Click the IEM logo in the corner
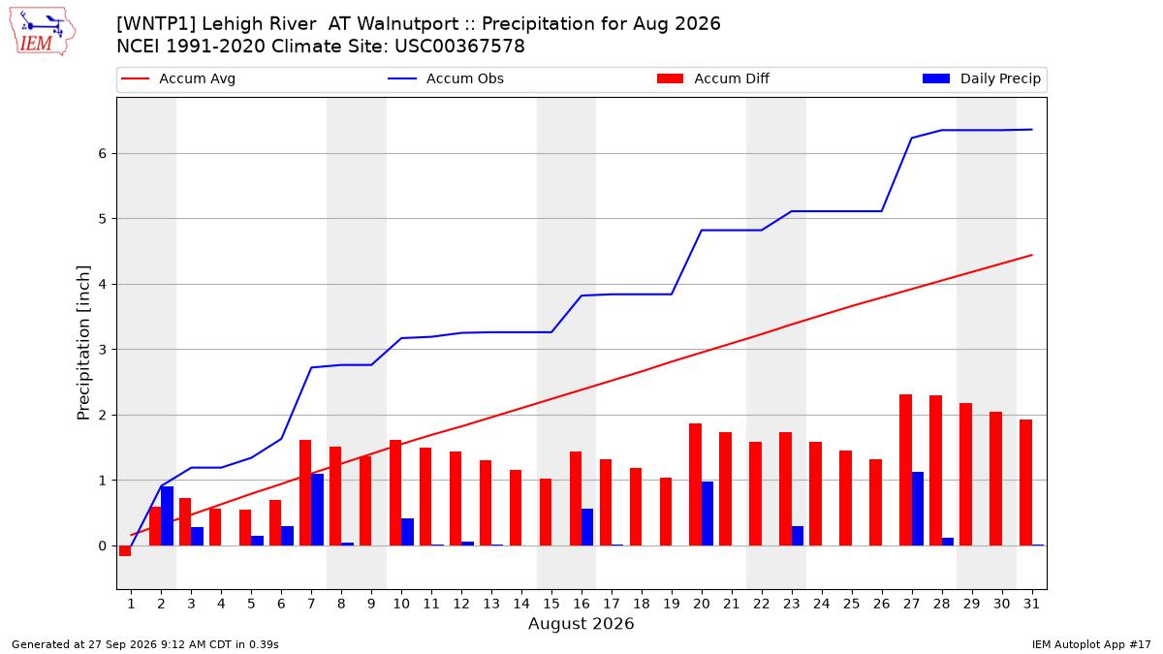pos(42,32)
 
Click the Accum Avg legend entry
pos(178,78)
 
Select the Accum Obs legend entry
pos(446,78)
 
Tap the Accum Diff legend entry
pos(713,78)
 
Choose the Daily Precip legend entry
pos(981,78)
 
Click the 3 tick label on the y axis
pos(102,350)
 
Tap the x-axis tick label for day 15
pos(551,604)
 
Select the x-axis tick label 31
pos(1031,604)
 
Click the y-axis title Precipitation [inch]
pos(83,343)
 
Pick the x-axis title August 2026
pos(581,623)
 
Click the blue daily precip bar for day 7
pos(317,510)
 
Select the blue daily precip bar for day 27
pos(918,509)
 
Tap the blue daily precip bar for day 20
pos(707,514)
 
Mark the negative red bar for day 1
pos(125,550)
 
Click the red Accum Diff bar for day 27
pos(905,470)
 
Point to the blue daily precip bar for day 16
pos(587,527)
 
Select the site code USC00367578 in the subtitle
pos(459,47)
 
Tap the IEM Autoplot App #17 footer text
pos(1091,644)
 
